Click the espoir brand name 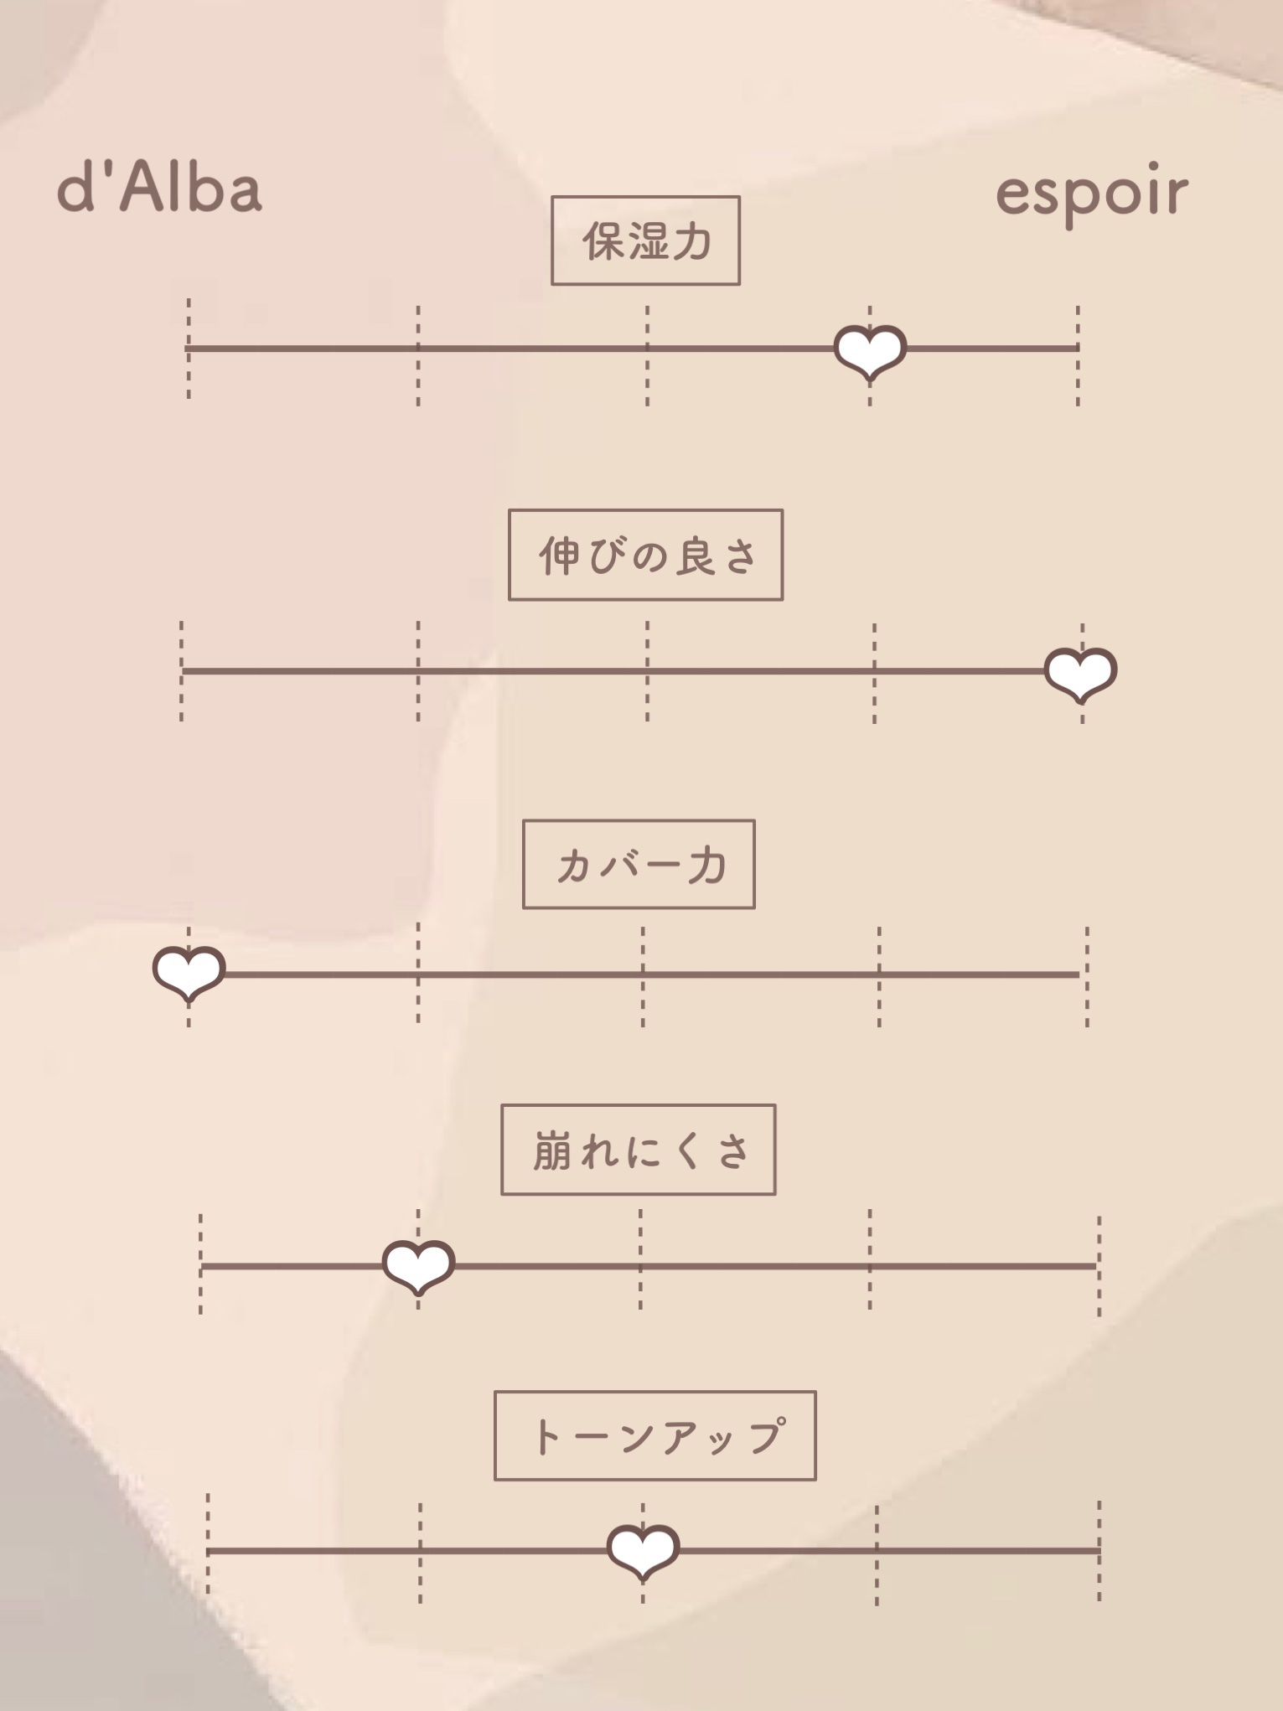click(x=1091, y=193)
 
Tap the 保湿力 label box click(x=645, y=241)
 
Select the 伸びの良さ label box click(x=645, y=555)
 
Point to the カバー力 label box click(x=639, y=865)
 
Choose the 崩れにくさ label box click(x=638, y=1150)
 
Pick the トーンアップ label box click(x=654, y=1436)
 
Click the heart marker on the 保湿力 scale click(x=870, y=351)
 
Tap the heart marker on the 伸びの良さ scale click(x=1081, y=673)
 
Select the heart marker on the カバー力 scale click(x=189, y=973)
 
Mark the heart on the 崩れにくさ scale click(x=418, y=1266)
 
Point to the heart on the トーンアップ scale click(x=643, y=1551)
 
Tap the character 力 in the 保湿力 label click(x=692, y=242)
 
